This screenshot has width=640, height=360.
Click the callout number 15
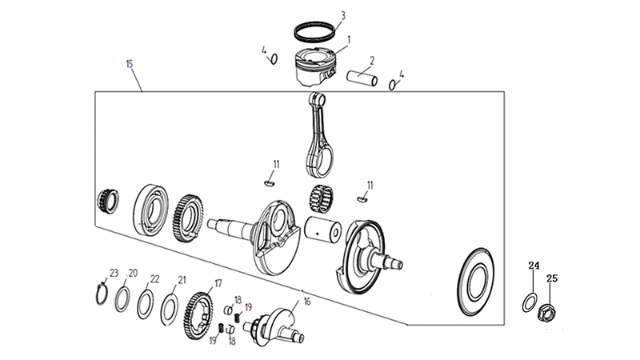pyautogui.click(x=130, y=64)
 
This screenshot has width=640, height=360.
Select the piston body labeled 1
pyautogui.click(x=315, y=67)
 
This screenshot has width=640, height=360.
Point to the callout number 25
pyautogui.click(x=552, y=278)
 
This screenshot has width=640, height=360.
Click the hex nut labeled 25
pyautogui.click(x=547, y=313)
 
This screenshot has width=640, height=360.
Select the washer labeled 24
pyautogui.click(x=530, y=302)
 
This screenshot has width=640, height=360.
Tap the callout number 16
pyautogui.click(x=307, y=302)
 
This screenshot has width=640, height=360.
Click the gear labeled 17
pyautogui.click(x=198, y=315)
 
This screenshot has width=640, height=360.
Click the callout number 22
pyautogui.click(x=154, y=278)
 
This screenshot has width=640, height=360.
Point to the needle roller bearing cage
pyautogui.click(x=322, y=199)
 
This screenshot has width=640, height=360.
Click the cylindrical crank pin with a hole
pyautogui.click(x=323, y=230)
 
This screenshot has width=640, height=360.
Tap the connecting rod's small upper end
pyautogui.click(x=317, y=99)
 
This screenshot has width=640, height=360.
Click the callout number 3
pyautogui.click(x=343, y=15)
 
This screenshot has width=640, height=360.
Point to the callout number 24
pyautogui.click(x=534, y=266)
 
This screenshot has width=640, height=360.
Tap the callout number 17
pyautogui.click(x=218, y=283)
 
